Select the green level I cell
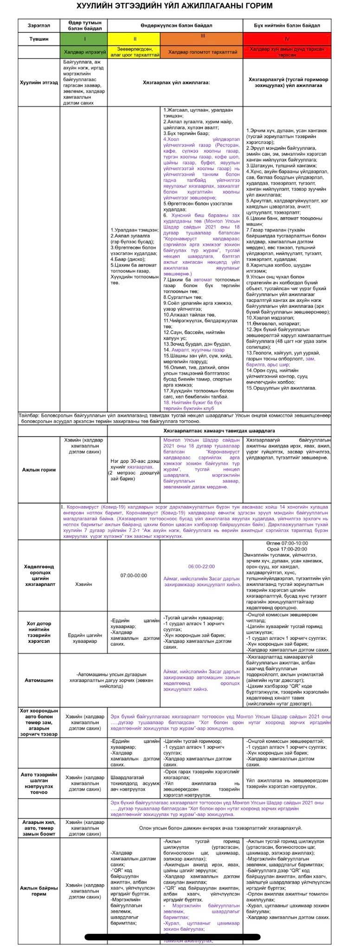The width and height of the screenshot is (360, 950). click(x=84, y=39)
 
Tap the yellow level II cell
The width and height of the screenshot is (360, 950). click(x=134, y=39)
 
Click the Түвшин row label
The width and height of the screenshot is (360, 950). click(x=39, y=39)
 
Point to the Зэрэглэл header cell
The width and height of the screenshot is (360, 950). click(x=39, y=26)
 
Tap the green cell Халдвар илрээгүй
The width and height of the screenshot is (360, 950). click(x=84, y=52)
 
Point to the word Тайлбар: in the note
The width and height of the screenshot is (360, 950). click(x=30, y=414)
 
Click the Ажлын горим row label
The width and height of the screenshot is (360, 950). click(x=39, y=469)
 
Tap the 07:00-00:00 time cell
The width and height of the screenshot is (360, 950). click(x=134, y=575)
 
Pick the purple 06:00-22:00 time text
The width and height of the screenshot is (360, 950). click(x=201, y=566)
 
